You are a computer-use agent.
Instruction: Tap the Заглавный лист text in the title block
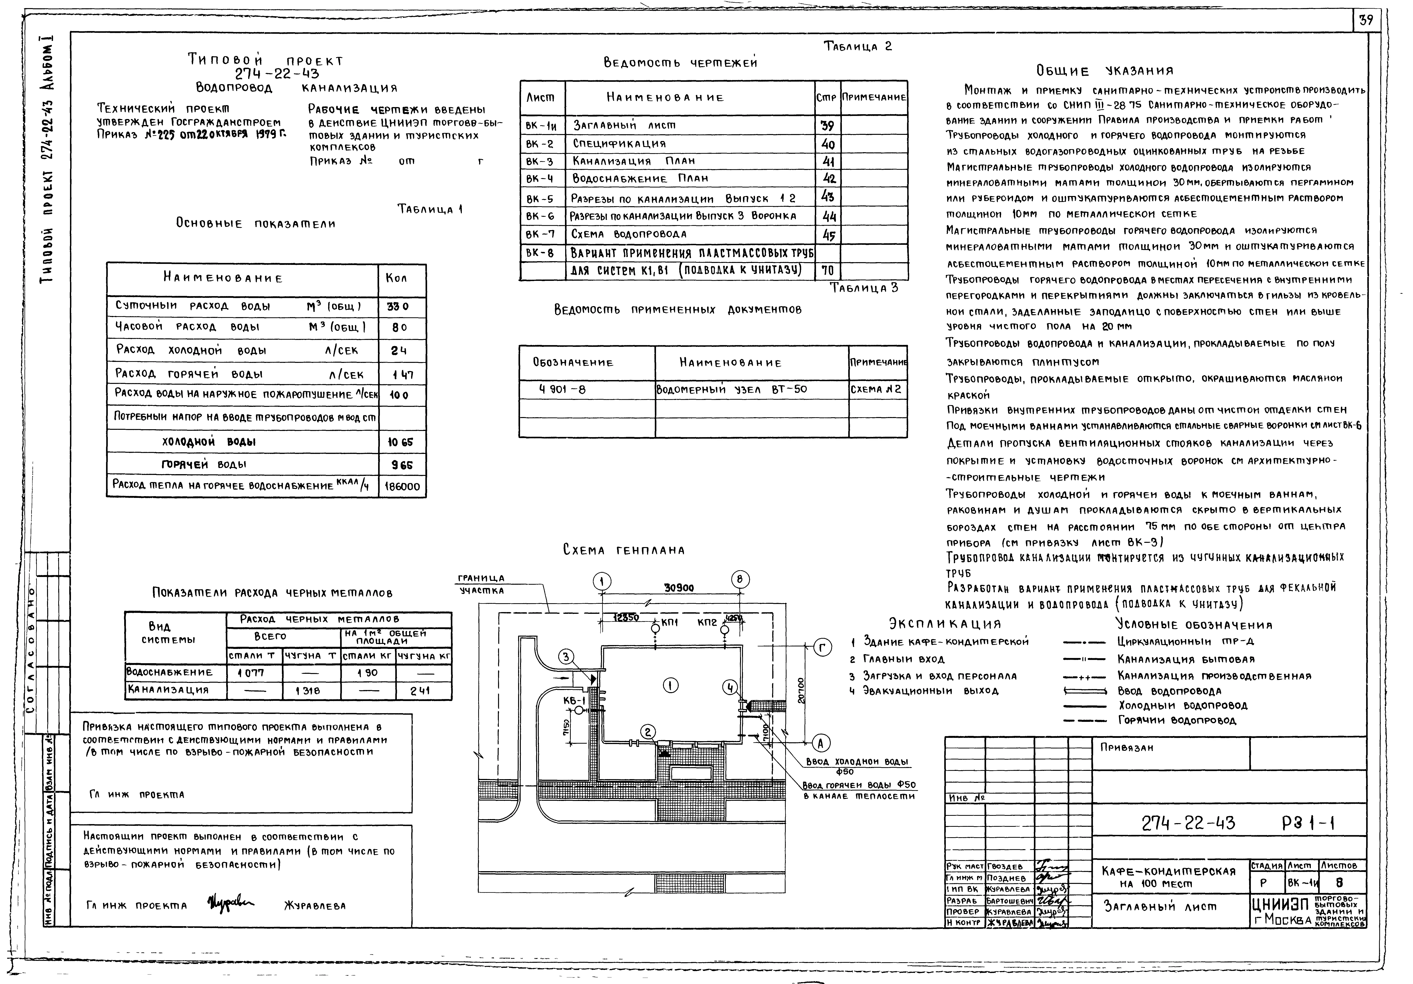1160,906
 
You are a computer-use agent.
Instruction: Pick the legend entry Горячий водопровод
1176,720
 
